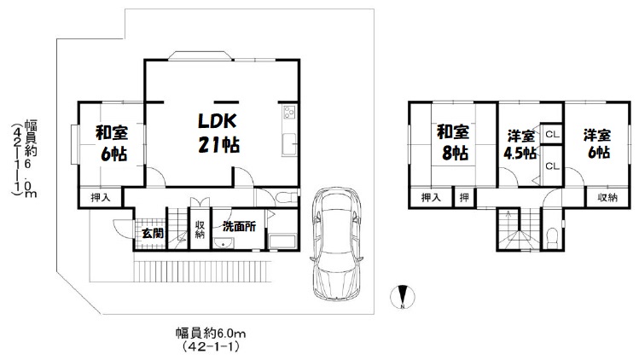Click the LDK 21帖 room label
(218, 133)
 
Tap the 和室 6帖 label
(112, 143)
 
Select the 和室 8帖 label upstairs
(453, 142)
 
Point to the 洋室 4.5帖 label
(520, 145)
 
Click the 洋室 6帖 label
(597, 144)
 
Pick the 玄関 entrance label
(153, 233)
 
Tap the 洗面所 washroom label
(239, 226)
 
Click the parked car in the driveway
(337, 244)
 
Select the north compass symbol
(403, 296)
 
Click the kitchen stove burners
(289, 112)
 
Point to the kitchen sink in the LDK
(289, 144)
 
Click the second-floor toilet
(553, 237)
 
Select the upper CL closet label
(552, 134)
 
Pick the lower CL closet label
(552, 166)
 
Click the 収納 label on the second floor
(607, 198)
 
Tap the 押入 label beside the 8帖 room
(431, 198)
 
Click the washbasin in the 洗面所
(223, 243)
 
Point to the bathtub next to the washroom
(282, 241)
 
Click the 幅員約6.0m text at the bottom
(211, 334)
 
